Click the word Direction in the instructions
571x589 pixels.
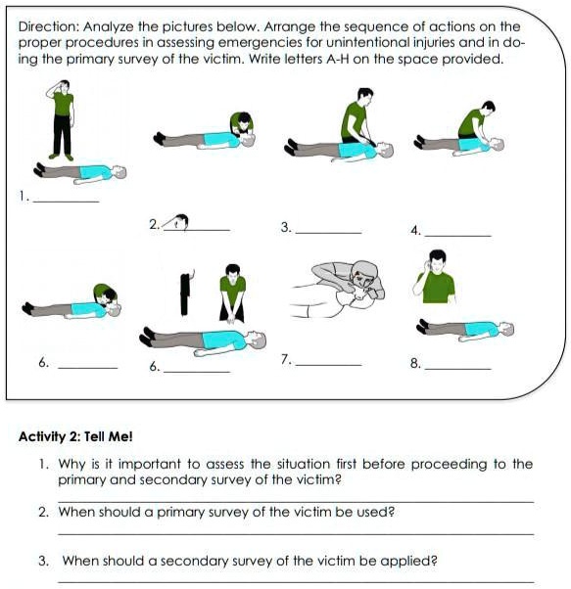pos(48,26)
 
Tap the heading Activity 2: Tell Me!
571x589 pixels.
pos(75,436)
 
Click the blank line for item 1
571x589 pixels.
pos(67,202)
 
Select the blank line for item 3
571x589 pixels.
pos(328,233)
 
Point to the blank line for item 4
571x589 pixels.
pos(457,236)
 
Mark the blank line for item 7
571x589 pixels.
pos(328,364)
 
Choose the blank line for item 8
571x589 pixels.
pos(457,369)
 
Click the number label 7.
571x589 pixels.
pos(286,359)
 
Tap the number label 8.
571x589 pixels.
pos(415,363)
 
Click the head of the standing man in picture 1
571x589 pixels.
pos(64,86)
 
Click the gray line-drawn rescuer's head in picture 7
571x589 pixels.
pos(364,277)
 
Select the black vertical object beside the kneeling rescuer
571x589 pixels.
pos(185,294)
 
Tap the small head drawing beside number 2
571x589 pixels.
pos(180,222)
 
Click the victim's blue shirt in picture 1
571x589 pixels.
pos(95,172)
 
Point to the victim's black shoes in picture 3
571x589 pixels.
pos(291,147)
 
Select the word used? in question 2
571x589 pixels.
pos(375,512)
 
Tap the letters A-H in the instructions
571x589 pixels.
pos(338,59)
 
